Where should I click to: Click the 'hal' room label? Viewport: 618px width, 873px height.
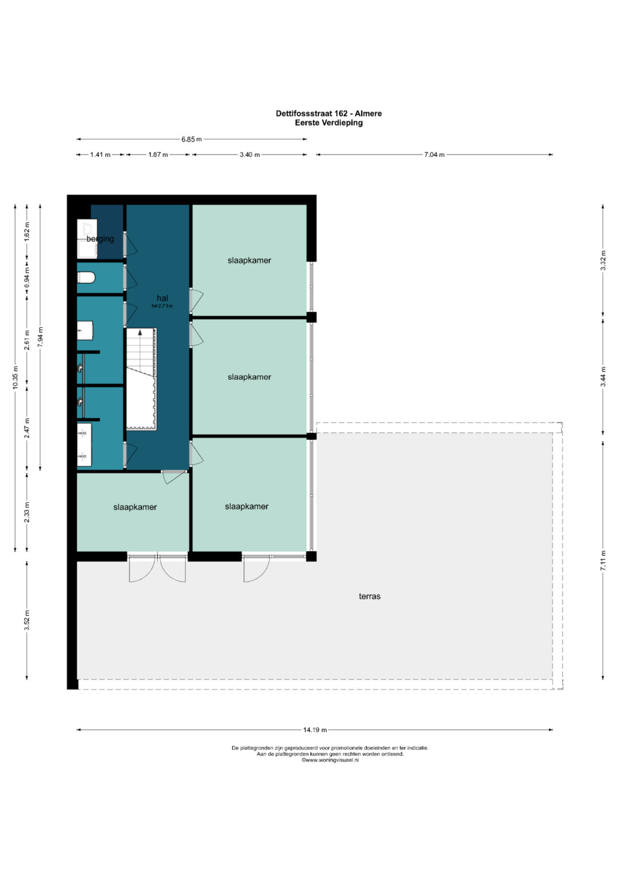click(x=163, y=298)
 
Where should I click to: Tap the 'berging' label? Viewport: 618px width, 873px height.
click(x=100, y=239)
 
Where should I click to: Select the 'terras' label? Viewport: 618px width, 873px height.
click(x=370, y=596)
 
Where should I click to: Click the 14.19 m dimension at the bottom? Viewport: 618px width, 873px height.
click(x=315, y=730)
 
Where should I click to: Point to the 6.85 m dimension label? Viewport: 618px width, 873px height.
click(x=191, y=139)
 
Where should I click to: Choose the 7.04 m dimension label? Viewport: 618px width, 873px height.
click(x=434, y=155)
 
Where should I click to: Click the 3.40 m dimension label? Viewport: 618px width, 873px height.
click(x=249, y=155)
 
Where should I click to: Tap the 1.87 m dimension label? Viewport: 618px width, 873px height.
click(x=158, y=155)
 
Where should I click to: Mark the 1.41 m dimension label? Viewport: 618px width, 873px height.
click(x=100, y=155)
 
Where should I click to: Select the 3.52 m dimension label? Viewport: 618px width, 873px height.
click(x=27, y=620)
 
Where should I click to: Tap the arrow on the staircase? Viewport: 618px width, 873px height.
click(x=140, y=333)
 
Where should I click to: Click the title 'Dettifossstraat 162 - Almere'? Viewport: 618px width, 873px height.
click(x=328, y=113)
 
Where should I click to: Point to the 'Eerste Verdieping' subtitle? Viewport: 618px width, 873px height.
click(x=328, y=122)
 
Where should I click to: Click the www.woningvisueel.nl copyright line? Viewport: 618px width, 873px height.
click(x=330, y=760)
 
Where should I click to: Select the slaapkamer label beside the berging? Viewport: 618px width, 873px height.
click(x=249, y=261)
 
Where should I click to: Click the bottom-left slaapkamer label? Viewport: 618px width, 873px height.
click(x=135, y=507)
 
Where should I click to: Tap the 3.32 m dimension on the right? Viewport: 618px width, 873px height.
click(x=603, y=261)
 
